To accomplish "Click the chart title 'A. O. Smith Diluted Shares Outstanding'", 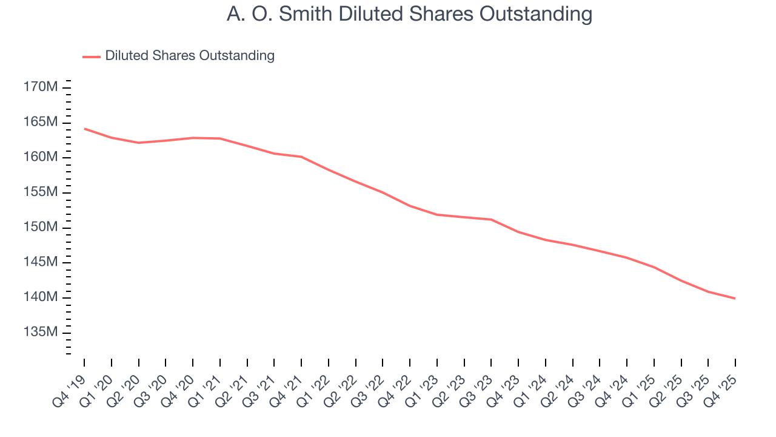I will click(x=409, y=13).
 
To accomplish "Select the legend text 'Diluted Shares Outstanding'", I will click(x=190, y=56).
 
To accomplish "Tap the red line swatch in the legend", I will click(x=92, y=56).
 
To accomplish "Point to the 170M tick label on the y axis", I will click(x=41, y=87).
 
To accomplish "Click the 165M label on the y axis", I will click(x=41, y=123).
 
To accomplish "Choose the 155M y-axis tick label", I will click(x=41, y=192).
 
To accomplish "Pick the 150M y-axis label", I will click(x=41, y=228).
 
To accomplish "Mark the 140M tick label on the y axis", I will click(x=41, y=297).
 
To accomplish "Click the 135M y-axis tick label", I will click(x=41, y=333).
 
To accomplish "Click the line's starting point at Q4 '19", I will click(x=84, y=128).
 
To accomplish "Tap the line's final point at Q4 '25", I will click(x=735, y=298).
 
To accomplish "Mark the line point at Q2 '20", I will click(x=139, y=143).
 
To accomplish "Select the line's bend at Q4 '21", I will click(x=301, y=157).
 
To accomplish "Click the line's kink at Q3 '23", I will click(x=491, y=219).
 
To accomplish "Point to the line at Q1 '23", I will click(x=437, y=214).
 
